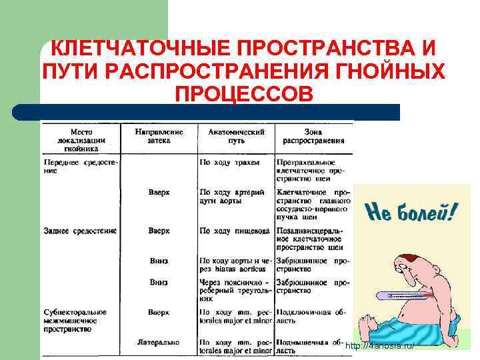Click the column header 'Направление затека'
coord(159,136)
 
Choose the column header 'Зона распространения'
coord(313,136)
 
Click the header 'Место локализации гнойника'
coord(82,140)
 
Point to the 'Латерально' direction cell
coord(159,342)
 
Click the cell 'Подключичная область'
coord(311,316)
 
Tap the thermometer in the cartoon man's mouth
coord(403,293)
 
